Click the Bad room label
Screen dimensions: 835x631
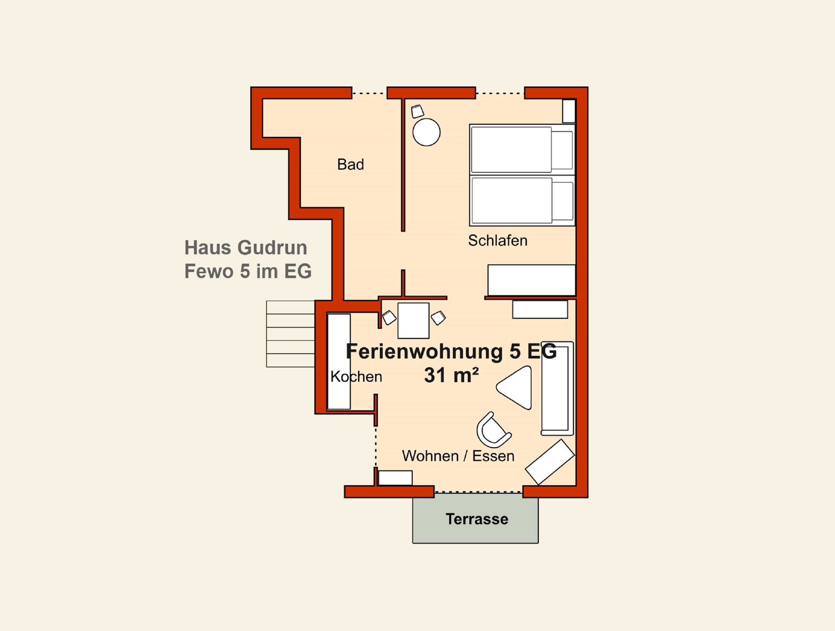[x=350, y=164]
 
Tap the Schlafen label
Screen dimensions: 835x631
[x=497, y=241]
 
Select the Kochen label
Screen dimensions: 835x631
[x=356, y=376]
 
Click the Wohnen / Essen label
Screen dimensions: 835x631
[x=458, y=456]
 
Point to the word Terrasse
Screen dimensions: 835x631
[x=477, y=519]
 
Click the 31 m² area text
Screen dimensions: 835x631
[x=451, y=375]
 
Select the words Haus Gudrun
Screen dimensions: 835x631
[x=245, y=248]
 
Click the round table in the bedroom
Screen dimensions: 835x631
[x=426, y=132]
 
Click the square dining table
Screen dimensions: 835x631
[x=413, y=320]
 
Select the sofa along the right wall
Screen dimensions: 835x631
[x=557, y=388]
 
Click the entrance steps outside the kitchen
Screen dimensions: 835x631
[x=290, y=334]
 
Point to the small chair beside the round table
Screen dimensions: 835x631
[x=417, y=112]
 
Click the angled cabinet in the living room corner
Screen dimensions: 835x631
[x=549, y=462]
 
